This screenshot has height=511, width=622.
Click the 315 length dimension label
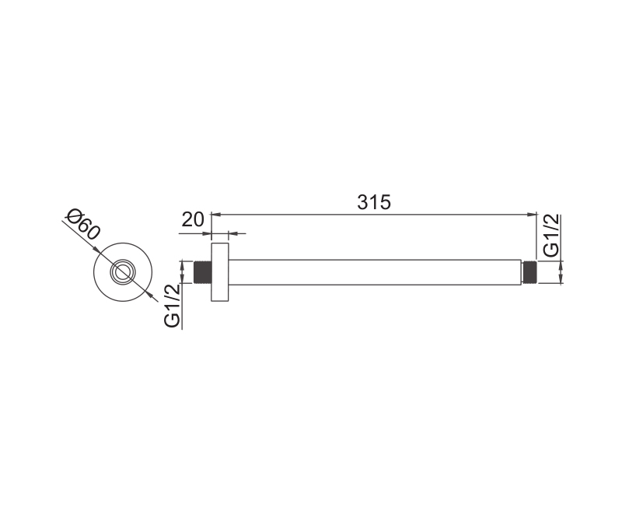pos(374,202)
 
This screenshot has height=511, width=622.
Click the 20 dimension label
pos(193,219)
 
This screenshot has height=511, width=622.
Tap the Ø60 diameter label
pos(84,224)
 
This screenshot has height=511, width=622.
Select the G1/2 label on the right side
pos(551,235)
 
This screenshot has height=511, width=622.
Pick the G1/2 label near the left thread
pos(172,306)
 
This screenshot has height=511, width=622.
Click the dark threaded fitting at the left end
pos(202,272)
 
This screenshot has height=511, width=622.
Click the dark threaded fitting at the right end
pos(529,272)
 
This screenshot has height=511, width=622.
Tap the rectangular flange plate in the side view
pos(220,272)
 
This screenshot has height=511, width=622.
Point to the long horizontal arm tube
pos(375,272)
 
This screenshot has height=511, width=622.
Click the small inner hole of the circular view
pos(123,272)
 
